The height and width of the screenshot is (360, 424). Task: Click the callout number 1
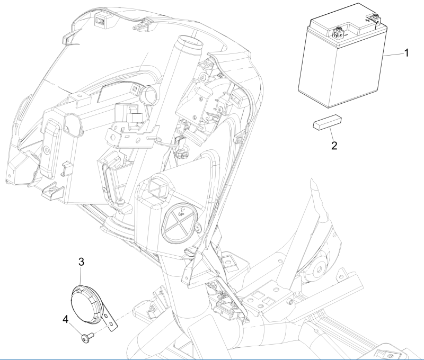click(406, 53)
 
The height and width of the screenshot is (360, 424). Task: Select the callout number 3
click(82, 262)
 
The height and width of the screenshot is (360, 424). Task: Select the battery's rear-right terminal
click(374, 20)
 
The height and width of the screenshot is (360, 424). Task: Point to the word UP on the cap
click(181, 211)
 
